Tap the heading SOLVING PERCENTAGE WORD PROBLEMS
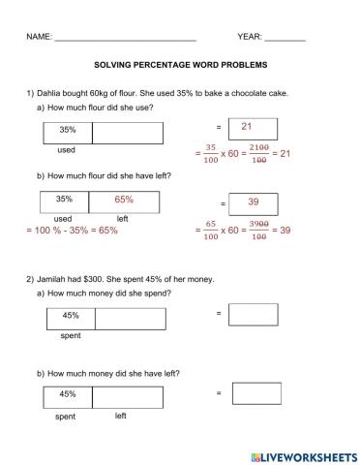coord(180,67)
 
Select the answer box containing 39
coord(253,202)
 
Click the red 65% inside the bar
coord(123,200)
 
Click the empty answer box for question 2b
coord(257,393)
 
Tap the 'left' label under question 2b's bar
coord(121,416)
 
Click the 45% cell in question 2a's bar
coord(71,316)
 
